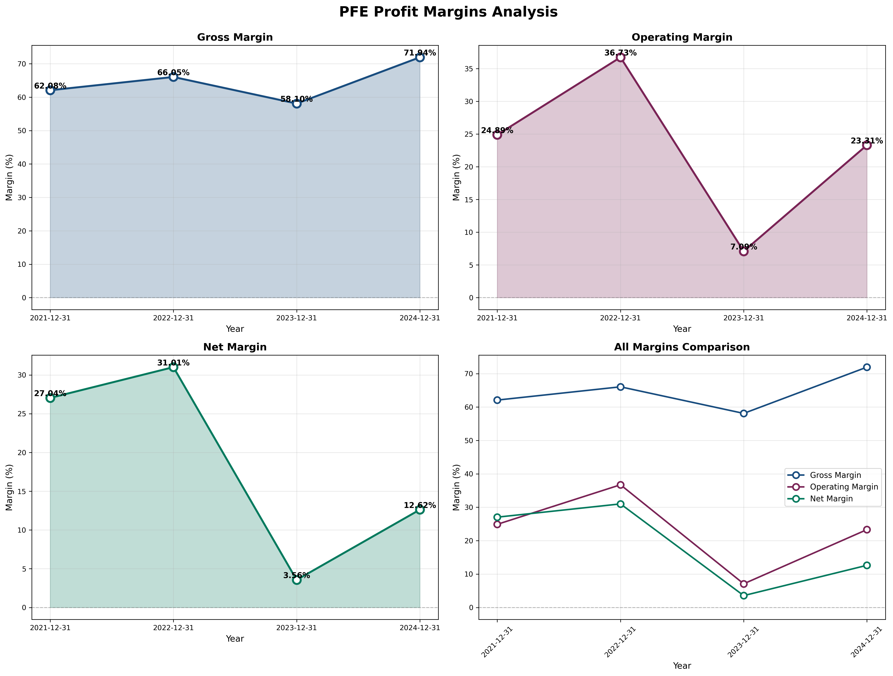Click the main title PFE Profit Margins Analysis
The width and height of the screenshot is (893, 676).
click(x=448, y=12)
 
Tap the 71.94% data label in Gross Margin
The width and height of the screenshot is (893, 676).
click(x=420, y=53)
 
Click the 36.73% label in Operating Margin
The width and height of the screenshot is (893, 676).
click(x=621, y=53)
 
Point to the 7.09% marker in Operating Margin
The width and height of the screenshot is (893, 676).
click(x=744, y=251)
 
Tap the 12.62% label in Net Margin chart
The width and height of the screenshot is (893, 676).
click(x=420, y=505)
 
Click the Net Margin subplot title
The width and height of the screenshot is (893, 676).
click(x=235, y=347)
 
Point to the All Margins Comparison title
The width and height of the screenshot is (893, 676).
click(x=682, y=347)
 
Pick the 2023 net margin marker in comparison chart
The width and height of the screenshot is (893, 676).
click(x=744, y=596)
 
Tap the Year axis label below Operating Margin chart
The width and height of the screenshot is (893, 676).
click(x=682, y=329)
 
